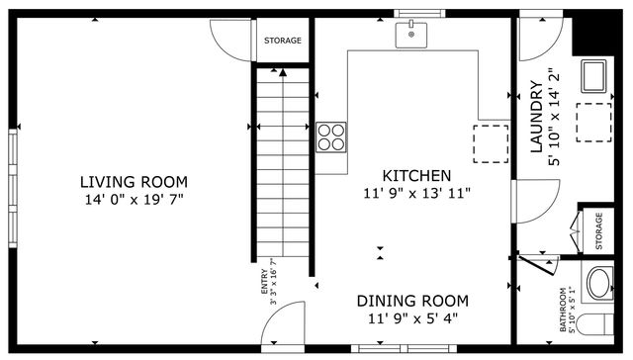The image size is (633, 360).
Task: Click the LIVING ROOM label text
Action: pyautogui.click(x=134, y=182)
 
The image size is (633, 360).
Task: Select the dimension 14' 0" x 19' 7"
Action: pyautogui.click(x=134, y=200)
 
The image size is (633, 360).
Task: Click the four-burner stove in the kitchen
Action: pyautogui.click(x=331, y=135)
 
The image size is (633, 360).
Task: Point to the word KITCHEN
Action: pyautogui.click(x=417, y=175)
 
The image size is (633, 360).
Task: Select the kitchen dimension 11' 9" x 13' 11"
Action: pyautogui.click(x=417, y=193)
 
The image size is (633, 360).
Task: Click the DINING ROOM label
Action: pyautogui.click(x=412, y=301)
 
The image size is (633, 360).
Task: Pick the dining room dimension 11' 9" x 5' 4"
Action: pyautogui.click(x=412, y=318)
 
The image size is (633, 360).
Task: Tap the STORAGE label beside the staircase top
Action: pyautogui.click(x=283, y=41)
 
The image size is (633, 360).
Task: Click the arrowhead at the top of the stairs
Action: pyautogui.click(x=284, y=72)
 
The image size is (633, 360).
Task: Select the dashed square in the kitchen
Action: pyautogui.click(x=490, y=142)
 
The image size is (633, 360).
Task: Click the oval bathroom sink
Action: pyautogui.click(x=599, y=285)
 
